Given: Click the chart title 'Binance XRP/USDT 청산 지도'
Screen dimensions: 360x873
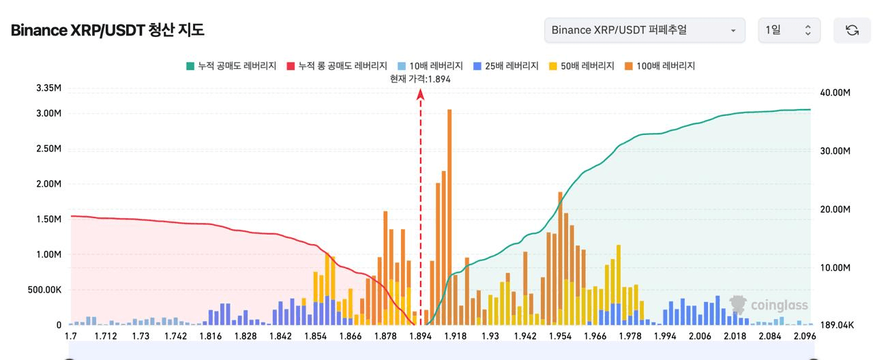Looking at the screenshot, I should pos(107,30).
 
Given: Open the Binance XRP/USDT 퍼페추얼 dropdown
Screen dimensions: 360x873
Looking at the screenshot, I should pos(644,30).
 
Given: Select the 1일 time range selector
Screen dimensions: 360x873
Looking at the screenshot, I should pos(788,30).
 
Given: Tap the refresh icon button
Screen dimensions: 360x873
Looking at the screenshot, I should pos(852,30).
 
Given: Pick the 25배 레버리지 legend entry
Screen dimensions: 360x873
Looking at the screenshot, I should pos(505,65).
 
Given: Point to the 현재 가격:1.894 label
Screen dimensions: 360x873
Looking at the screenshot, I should pos(420,78).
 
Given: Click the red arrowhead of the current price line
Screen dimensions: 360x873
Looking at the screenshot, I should pos(421,94).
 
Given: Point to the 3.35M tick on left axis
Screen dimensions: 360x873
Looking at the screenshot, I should pos(48,89).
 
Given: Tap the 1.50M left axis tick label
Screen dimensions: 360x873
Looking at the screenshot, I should pos(48,219).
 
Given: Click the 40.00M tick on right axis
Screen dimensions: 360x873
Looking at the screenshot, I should pos(834,93).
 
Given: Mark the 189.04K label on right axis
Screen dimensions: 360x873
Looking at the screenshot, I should pos(835,325).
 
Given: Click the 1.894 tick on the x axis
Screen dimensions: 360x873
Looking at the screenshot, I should pos(421,336).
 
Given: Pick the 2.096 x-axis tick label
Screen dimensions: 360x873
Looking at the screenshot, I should pos(805,336).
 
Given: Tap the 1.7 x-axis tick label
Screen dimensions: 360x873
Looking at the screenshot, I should pos(71,336).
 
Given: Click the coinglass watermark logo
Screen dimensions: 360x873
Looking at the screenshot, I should pos(769,305).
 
